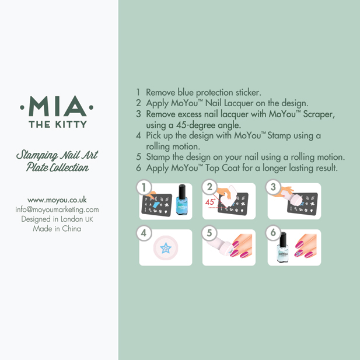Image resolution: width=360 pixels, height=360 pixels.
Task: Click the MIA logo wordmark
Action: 57,106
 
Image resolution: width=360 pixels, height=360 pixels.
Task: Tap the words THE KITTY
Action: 58,124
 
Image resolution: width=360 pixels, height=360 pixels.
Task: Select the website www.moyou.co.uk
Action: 57,200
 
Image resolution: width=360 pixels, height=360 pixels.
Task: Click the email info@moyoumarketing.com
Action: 57,209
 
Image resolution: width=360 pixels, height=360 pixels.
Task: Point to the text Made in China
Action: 57,229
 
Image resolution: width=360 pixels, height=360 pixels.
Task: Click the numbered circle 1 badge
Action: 144,187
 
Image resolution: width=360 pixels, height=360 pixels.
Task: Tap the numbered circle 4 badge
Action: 144,233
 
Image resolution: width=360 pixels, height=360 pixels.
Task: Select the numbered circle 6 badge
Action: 273,233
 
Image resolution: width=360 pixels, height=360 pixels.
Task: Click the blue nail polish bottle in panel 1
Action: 182,200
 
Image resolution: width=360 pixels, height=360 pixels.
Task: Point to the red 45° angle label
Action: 210,202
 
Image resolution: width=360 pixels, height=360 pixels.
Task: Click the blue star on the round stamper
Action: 166,248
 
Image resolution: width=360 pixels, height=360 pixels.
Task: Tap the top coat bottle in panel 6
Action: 283,247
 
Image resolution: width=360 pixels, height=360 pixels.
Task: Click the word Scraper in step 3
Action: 319,114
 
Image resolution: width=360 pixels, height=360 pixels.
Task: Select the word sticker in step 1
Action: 249,92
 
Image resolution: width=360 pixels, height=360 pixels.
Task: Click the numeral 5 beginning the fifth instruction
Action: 138,157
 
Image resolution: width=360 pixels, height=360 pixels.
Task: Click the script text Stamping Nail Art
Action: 57,155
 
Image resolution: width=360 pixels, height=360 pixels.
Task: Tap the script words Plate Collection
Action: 57,167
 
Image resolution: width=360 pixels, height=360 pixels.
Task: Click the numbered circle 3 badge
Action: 273,187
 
